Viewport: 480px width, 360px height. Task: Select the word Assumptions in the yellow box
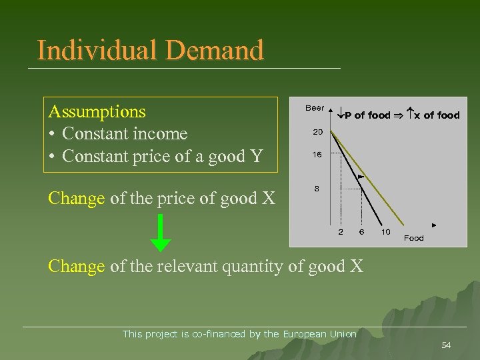pyautogui.click(x=97, y=111)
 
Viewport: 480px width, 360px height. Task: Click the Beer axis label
pyautogui.click(x=315, y=107)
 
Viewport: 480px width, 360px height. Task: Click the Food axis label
pyautogui.click(x=413, y=238)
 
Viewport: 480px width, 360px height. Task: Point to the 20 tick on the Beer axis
pyautogui.click(x=318, y=131)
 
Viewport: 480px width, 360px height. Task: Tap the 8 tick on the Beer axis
pyautogui.click(x=317, y=189)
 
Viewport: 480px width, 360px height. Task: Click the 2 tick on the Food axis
pyautogui.click(x=341, y=232)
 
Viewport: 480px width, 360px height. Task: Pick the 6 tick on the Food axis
pyautogui.click(x=361, y=232)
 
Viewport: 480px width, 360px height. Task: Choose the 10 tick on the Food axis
pyautogui.click(x=385, y=232)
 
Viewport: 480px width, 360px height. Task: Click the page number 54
pyautogui.click(x=446, y=345)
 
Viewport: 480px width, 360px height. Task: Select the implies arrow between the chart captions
pyautogui.click(x=401, y=115)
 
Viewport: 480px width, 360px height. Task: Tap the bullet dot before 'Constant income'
pyautogui.click(x=52, y=134)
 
